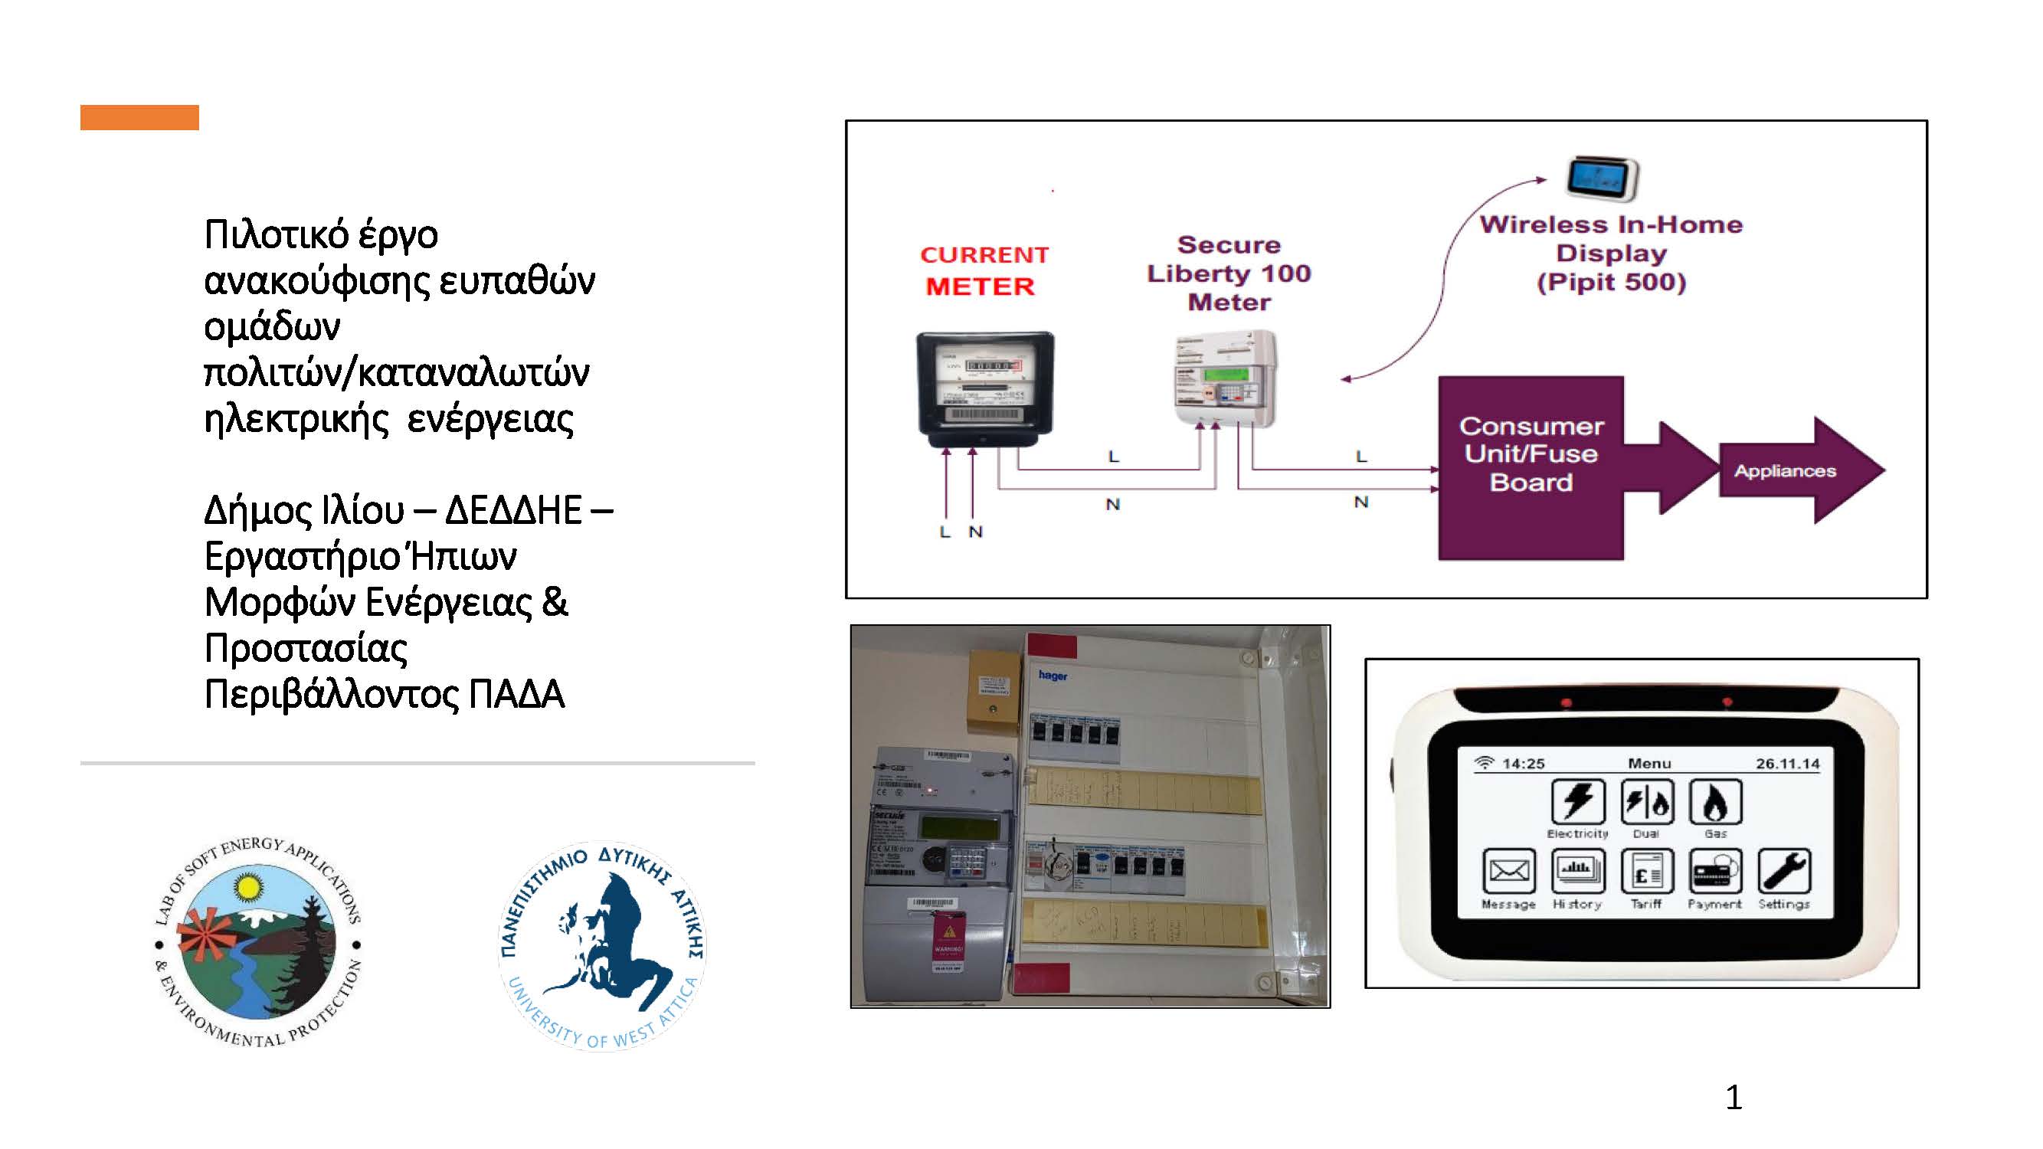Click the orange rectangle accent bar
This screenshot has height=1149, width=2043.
click(139, 116)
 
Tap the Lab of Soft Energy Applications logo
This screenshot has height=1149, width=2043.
click(257, 943)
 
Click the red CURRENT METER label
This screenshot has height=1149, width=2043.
click(983, 270)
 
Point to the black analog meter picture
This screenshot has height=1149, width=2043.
click(985, 388)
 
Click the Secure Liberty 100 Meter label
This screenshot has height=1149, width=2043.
click(1229, 273)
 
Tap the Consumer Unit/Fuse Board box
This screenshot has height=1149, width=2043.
click(1531, 468)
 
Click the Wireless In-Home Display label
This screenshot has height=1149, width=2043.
click(1611, 253)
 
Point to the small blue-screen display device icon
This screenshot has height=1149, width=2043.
click(1601, 178)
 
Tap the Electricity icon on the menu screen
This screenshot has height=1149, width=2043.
click(1577, 803)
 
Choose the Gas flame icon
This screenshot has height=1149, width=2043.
click(1714, 803)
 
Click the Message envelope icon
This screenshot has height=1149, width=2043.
click(1508, 872)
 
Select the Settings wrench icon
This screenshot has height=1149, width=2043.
click(1783, 872)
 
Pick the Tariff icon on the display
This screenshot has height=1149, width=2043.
click(1646, 872)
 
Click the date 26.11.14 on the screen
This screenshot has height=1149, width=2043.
click(1787, 764)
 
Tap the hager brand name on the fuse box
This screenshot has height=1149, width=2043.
click(1053, 676)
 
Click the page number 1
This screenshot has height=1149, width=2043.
click(1734, 1098)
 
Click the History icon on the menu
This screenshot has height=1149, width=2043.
click(1577, 872)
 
